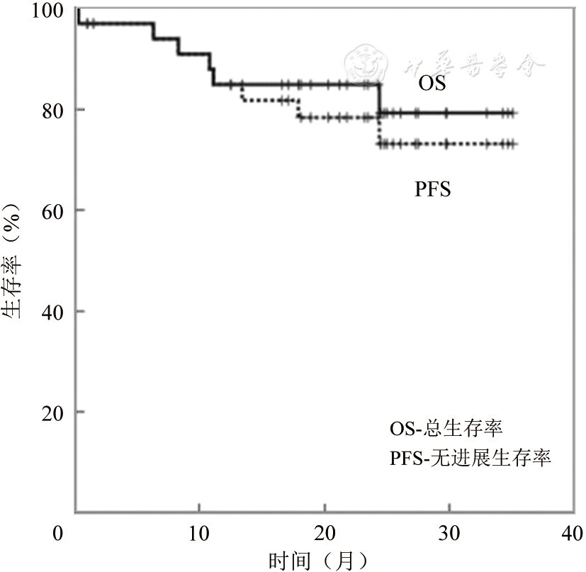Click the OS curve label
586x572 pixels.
[432, 84]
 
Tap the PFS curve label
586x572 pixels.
[433, 189]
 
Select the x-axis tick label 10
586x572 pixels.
[199, 532]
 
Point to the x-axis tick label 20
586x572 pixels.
[324, 532]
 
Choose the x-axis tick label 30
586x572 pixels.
[449, 532]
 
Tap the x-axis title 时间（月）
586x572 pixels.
[318, 560]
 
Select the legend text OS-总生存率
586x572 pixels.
[447, 429]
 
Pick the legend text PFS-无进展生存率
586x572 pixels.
[471, 458]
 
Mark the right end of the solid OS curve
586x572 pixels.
[514, 113]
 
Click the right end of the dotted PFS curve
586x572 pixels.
[514, 144]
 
